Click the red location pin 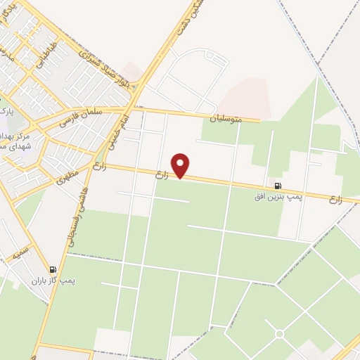[181, 165]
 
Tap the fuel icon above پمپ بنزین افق [278, 186]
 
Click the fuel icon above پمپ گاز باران [52, 269]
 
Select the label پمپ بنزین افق [278, 197]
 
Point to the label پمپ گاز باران [53, 280]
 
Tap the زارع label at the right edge [335, 200]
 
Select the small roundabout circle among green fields [279, 333]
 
